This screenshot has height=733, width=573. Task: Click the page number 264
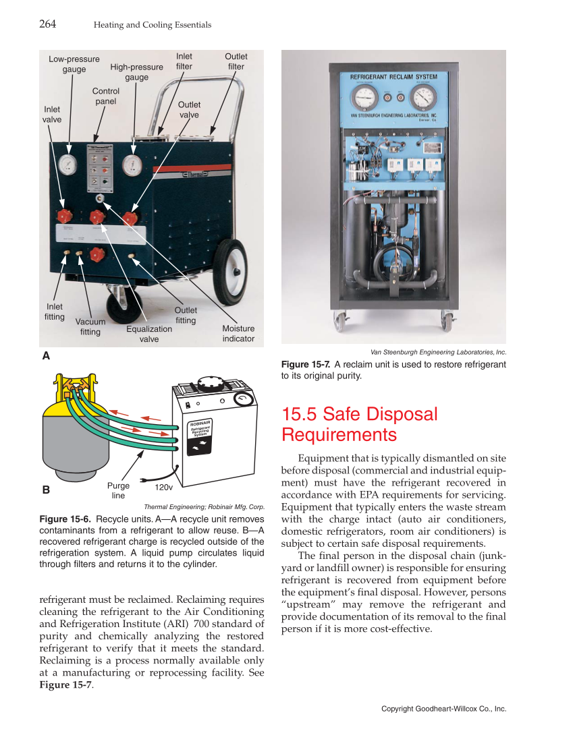pos(47,24)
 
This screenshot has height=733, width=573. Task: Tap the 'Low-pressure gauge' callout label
pos(74,64)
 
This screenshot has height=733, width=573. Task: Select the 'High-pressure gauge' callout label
pos(136,72)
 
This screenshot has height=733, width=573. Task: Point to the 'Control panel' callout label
pos(105,96)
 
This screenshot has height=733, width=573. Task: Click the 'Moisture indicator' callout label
pos(238,333)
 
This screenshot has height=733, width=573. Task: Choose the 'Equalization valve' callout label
pos(149,334)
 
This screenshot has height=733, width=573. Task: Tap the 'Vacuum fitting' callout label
pos(90,327)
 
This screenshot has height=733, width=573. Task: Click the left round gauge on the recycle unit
pos(68,165)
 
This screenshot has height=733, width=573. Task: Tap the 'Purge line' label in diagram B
pos(118,490)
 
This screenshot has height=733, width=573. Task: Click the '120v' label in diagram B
pos(164,486)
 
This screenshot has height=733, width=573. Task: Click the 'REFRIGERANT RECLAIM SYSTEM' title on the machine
pos(393,77)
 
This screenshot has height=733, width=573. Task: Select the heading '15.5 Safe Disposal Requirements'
pos(359,423)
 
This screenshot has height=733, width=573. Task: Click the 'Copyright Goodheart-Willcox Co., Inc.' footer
pos(443,709)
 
